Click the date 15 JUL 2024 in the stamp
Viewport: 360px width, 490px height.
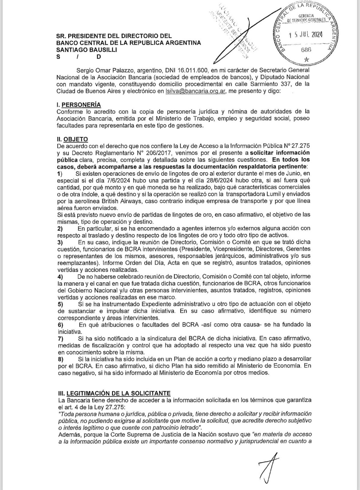(x=306, y=35)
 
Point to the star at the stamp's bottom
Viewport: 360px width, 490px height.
(x=306, y=59)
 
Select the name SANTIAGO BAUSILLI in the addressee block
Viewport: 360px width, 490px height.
(x=87, y=50)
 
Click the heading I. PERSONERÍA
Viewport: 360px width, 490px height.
(x=79, y=105)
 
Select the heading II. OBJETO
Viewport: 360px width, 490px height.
(x=72, y=139)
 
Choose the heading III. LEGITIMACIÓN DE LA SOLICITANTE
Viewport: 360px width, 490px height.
(x=114, y=393)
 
